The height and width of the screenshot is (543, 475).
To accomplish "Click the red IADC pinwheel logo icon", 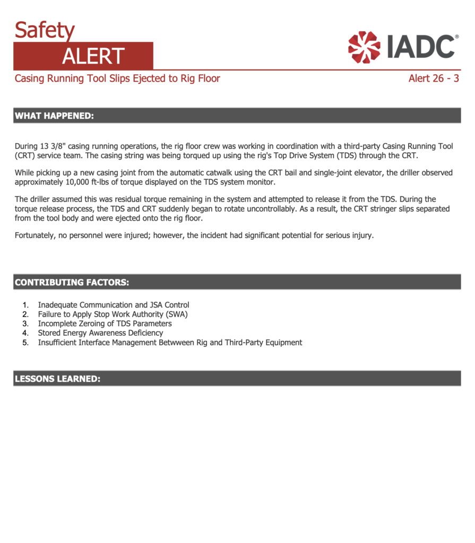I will [x=364, y=47].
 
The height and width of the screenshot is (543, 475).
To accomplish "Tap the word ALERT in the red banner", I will [x=93, y=56].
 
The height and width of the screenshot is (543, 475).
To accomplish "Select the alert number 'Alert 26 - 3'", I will [x=434, y=79].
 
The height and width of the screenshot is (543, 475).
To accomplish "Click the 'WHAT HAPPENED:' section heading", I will [x=54, y=116].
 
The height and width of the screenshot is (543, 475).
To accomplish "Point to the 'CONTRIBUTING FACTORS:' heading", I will [x=72, y=282].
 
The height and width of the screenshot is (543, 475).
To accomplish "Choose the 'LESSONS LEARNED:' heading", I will [x=57, y=379].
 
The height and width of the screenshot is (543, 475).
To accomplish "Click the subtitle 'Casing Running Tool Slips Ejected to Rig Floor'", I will [x=117, y=79].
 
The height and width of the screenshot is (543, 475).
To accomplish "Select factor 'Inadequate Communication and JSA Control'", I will [x=114, y=305].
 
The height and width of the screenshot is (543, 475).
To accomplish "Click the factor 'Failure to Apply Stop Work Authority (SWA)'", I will [x=113, y=314].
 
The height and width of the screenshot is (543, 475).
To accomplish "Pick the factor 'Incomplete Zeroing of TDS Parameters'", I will [x=105, y=323].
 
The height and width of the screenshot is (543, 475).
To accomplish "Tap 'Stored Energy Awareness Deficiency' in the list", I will [x=100, y=333].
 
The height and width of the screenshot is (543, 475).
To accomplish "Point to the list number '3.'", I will [x=25, y=323].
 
